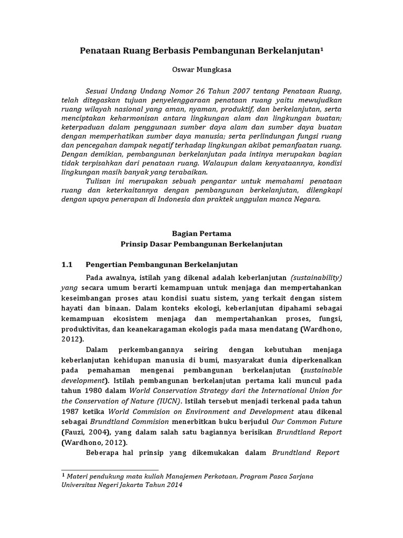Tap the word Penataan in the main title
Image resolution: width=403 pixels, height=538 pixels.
click(x=99, y=51)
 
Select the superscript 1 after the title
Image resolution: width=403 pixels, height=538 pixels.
click(x=322, y=49)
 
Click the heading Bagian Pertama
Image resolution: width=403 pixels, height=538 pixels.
click(x=201, y=233)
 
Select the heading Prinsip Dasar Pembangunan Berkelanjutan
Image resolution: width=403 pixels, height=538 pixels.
click(x=201, y=244)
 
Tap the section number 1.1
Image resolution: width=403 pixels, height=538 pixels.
click(x=68, y=264)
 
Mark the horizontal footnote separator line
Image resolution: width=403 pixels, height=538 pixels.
click(x=110, y=470)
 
